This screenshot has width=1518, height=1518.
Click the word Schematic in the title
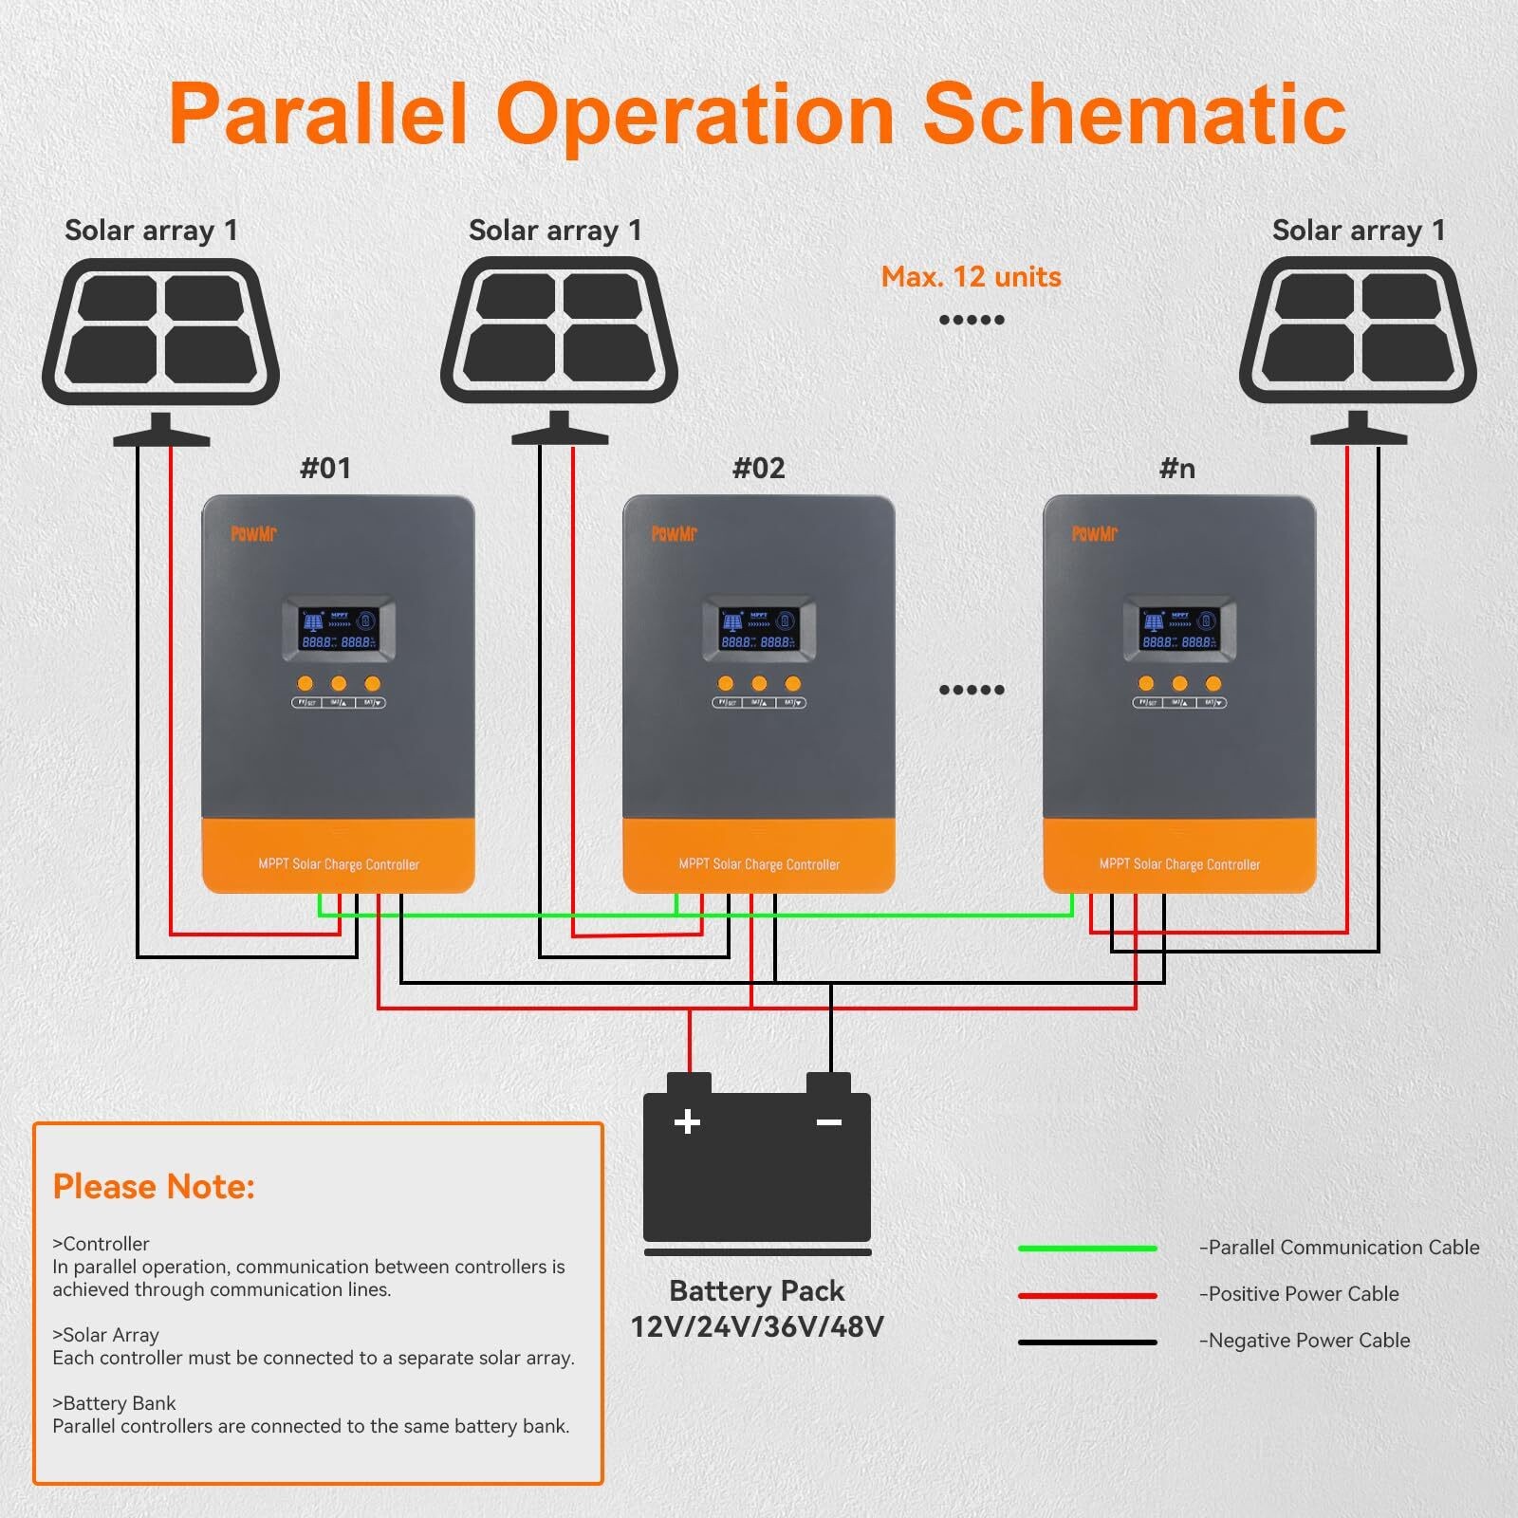[x=1134, y=114]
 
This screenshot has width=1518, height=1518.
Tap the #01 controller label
[x=325, y=468]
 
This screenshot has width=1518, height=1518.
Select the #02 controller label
[x=759, y=468]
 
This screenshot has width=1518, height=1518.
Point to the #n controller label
[x=1177, y=468]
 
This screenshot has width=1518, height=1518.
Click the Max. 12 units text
[x=971, y=277]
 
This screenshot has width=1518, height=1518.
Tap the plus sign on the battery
[x=687, y=1122]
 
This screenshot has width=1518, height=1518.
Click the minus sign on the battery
[x=829, y=1122]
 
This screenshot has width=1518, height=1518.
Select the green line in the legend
[x=1087, y=1249]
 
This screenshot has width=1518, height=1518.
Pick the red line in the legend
[x=1087, y=1295]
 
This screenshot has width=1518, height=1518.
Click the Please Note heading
[x=154, y=1187]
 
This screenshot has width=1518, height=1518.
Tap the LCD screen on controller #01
[x=339, y=630]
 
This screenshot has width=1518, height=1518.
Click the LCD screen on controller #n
[x=1180, y=630]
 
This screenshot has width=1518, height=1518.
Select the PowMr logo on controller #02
[x=675, y=534]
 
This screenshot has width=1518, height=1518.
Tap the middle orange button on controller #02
[x=759, y=683]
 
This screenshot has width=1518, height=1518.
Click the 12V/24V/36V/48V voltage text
[x=757, y=1326]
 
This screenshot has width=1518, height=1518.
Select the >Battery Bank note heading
[x=115, y=1403]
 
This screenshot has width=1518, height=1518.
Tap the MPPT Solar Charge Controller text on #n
[x=1179, y=864]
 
